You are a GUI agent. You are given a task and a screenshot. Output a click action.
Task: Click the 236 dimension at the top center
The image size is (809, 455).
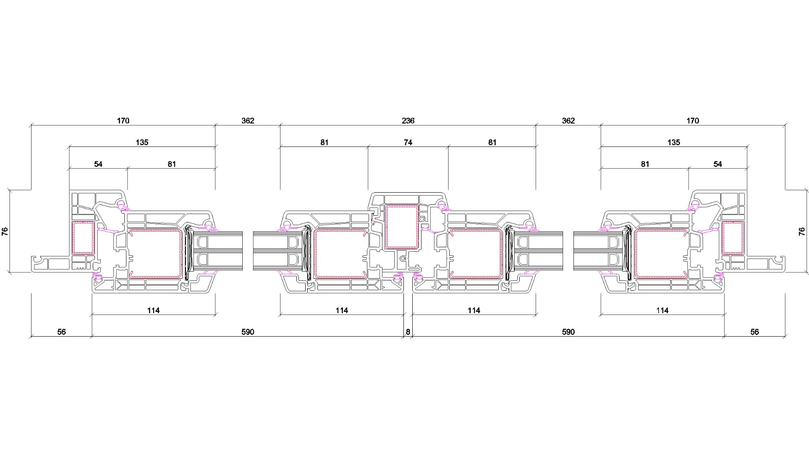point(408,121)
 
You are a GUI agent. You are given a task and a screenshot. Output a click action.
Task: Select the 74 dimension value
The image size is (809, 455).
point(408,143)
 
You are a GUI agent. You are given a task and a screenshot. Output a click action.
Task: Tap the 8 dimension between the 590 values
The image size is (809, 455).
point(408,332)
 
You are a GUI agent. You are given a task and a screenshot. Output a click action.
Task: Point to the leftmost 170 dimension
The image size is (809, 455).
point(123,121)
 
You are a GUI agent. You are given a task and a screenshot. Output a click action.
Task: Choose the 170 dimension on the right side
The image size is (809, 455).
point(693,121)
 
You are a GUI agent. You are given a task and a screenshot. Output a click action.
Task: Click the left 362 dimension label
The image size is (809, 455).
point(248,121)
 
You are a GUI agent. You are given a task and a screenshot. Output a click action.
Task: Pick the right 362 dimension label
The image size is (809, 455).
point(568,121)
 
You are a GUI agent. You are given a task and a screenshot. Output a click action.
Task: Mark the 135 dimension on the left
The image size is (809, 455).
point(142,143)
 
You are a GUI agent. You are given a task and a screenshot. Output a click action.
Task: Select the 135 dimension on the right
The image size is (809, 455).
point(673,143)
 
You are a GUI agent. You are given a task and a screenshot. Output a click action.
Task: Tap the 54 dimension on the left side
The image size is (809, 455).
point(98,164)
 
